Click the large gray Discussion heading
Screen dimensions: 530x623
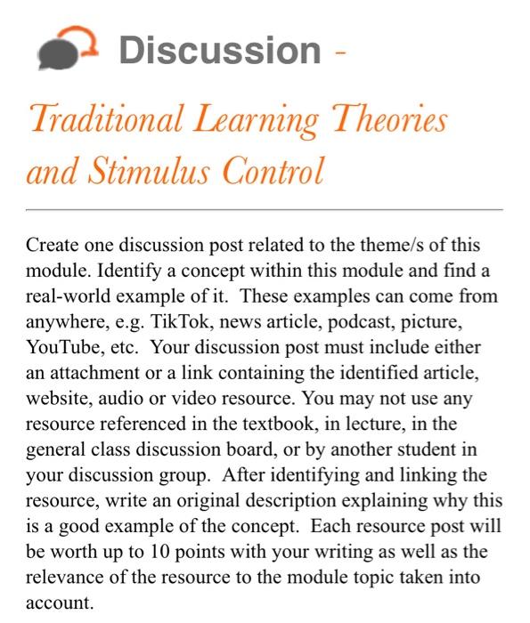coord(219,50)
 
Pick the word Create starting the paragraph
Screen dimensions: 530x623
coord(51,245)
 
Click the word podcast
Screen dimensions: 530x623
coord(355,318)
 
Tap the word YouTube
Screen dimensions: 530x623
coord(60,342)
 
